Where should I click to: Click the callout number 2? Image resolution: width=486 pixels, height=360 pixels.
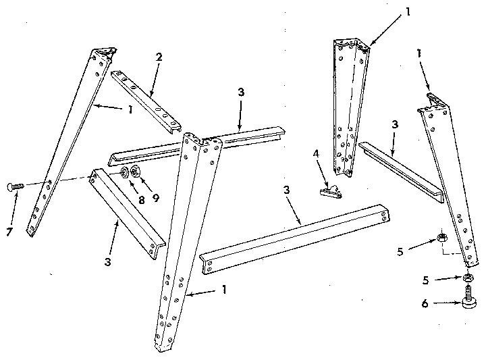point(158,57)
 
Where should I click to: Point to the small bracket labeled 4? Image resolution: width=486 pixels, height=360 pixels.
point(330,192)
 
